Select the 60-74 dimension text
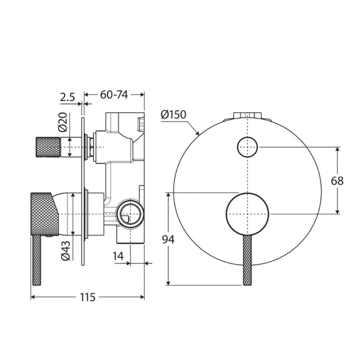point(114,95)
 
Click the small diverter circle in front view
point(247,147)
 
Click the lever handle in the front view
point(247,260)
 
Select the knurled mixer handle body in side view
point(43,213)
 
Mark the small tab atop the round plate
point(247,116)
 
